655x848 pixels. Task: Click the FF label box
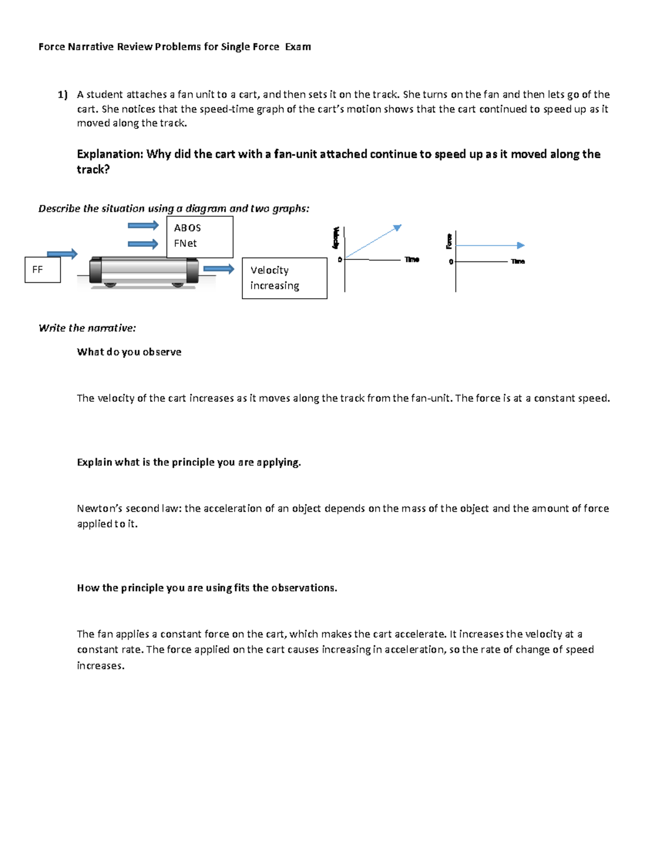tap(43, 270)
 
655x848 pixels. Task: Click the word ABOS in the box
tap(187, 228)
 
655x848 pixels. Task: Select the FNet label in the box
tap(185, 243)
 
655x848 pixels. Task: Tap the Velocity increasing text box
tap(284, 278)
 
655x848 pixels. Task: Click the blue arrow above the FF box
tap(62, 253)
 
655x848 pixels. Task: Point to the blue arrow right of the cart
tap(218, 269)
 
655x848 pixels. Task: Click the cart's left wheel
tap(110, 284)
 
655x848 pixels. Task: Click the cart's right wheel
tap(177, 284)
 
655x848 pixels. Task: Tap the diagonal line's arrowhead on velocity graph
tap(398, 227)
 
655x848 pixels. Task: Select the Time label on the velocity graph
tap(412, 259)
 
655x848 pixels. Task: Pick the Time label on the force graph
tap(517, 262)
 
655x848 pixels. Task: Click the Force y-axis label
tap(449, 241)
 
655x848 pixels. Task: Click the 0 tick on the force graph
tap(451, 262)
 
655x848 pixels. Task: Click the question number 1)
tap(62, 94)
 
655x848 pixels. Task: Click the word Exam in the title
tap(297, 47)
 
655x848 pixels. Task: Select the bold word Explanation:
tap(110, 154)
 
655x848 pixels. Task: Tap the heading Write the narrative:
tap(87, 328)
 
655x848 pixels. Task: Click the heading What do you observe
tap(129, 352)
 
